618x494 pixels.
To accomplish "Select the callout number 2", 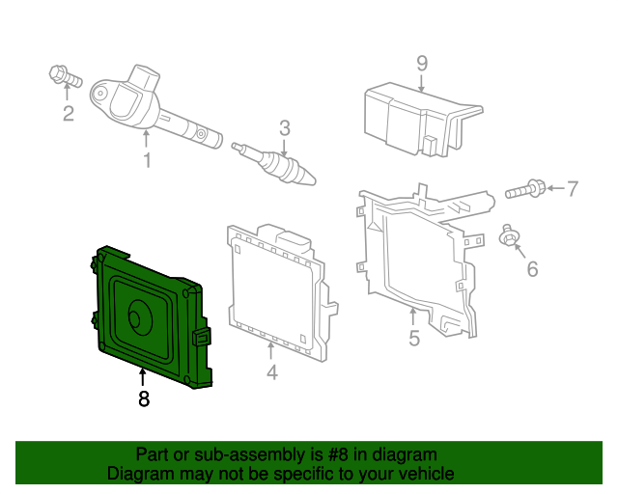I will pos(68,116).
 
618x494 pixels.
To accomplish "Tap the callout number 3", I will pos(285,127).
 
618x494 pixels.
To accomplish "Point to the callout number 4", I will pos(272,371).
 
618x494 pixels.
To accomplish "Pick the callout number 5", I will pos(413,338).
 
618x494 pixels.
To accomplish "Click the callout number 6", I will pos(531,270).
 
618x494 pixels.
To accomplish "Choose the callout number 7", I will pos(572,188).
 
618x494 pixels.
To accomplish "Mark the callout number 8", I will pos(144,398).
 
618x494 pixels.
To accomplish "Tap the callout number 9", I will pos(422,64).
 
